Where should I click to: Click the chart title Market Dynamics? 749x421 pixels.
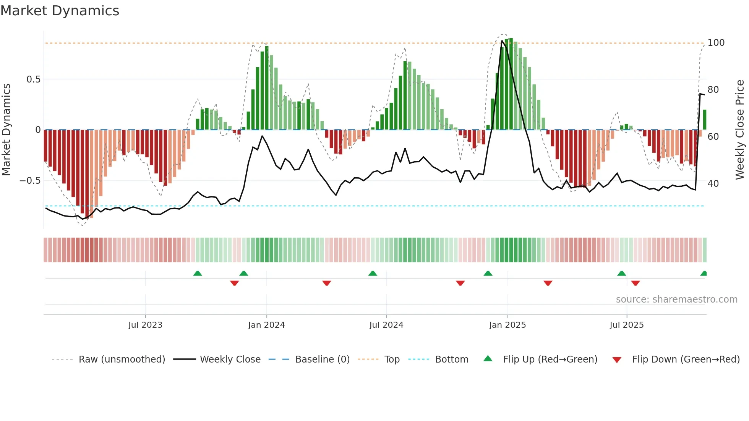tap(60, 11)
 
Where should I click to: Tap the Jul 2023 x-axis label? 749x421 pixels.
tap(145, 325)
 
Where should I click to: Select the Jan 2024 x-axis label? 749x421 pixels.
tap(266, 325)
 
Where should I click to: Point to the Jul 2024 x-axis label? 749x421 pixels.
tap(386, 325)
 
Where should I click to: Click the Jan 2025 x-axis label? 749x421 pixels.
tap(507, 325)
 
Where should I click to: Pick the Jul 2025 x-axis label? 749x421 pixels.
tap(627, 325)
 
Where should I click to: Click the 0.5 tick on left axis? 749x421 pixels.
tap(33, 79)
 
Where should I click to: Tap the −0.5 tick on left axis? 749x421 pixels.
tap(30, 181)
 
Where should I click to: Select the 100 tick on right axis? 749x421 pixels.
tap(716, 43)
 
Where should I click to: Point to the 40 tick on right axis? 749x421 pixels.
tap(713, 184)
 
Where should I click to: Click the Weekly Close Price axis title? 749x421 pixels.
tap(740, 130)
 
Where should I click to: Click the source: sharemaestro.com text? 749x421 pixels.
tap(676, 300)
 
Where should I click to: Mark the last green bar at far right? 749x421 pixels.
tap(704, 120)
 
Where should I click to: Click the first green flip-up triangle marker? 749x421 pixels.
tap(198, 274)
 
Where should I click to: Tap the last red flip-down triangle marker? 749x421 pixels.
tap(636, 283)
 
